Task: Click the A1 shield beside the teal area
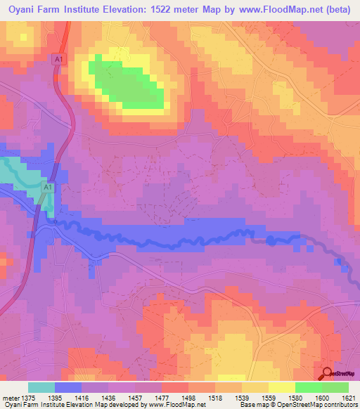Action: pyautogui.click(x=47, y=188)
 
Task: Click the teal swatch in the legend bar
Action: pyautogui.click(x=41, y=387)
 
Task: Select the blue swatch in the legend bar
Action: pyautogui.click(x=68, y=387)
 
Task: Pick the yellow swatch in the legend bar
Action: pyautogui.click(x=281, y=387)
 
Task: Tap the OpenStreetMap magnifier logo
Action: pyautogui.click(x=327, y=373)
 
